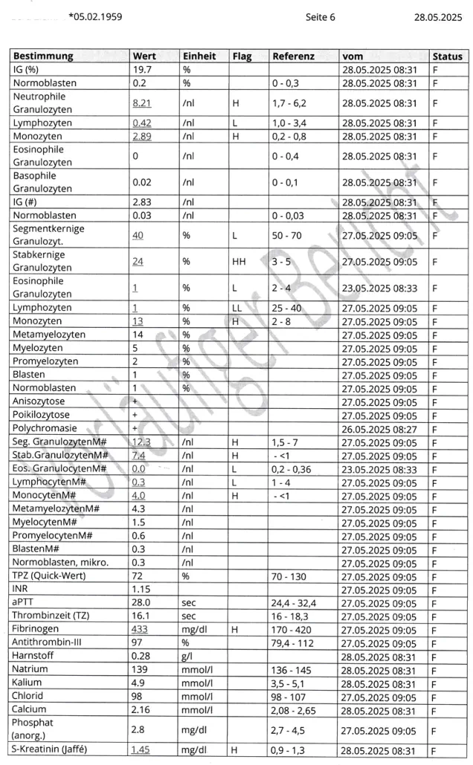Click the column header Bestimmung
[43, 56]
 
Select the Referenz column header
[293, 56]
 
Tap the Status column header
[447, 56]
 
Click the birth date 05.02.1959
[97, 16]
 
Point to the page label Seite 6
[320, 16]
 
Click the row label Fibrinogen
[37, 630]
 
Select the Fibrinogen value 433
[142, 630]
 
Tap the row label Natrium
[30, 670]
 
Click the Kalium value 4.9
[138, 683]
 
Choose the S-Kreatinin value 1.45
[141, 750]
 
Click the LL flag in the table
[236, 308]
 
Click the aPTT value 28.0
[141, 603]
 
